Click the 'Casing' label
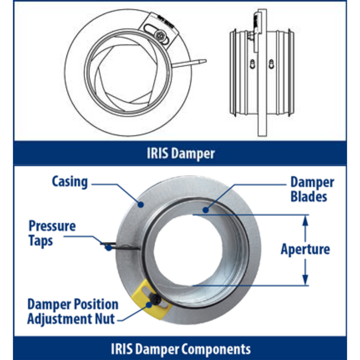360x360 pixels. click(x=70, y=181)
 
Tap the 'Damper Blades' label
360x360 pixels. click(x=312, y=189)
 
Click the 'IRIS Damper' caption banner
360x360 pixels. click(x=180, y=153)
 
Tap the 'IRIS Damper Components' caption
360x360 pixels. click(x=180, y=348)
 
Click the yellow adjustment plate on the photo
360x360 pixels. click(x=153, y=300)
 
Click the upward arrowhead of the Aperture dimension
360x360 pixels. click(x=306, y=219)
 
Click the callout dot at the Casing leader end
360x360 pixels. click(x=141, y=205)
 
